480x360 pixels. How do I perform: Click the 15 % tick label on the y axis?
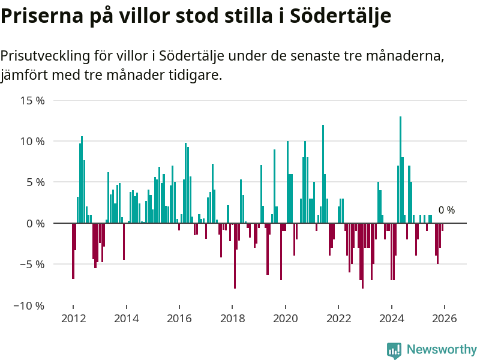(x=32, y=100)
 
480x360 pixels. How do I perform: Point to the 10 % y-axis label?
(x=32, y=142)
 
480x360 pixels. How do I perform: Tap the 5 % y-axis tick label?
(x=35, y=182)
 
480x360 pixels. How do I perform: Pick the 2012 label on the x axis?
(x=73, y=319)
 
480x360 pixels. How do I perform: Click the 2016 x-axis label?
(x=179, y=319)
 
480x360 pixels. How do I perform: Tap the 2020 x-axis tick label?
(x=286, y=319)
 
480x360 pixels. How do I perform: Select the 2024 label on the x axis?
(x=392, y=319)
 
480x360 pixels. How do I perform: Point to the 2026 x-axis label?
(x=445, y=319)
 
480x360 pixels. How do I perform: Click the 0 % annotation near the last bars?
(x=446, y=211)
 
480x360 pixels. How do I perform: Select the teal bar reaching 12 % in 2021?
(x=323, y=174)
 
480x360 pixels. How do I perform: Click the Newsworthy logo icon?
(x=394, y=350)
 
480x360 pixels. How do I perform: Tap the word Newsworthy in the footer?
(x=442, y=350)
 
